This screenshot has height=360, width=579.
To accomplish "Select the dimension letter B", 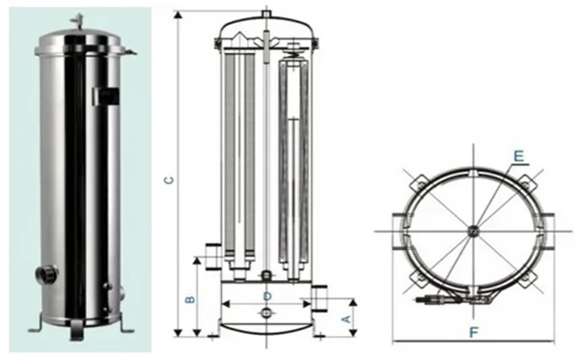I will pos(190,298).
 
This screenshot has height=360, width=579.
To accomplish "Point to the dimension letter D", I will pos(267,294).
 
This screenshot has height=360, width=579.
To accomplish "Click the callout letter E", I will pos(518,153).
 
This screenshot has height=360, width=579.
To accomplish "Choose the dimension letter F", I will pos(473,333).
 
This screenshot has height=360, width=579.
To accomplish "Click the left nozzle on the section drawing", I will pos(210,257).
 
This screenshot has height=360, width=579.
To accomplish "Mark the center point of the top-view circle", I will pos(472,229).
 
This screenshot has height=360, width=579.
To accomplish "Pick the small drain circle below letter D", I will pos(267,313).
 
